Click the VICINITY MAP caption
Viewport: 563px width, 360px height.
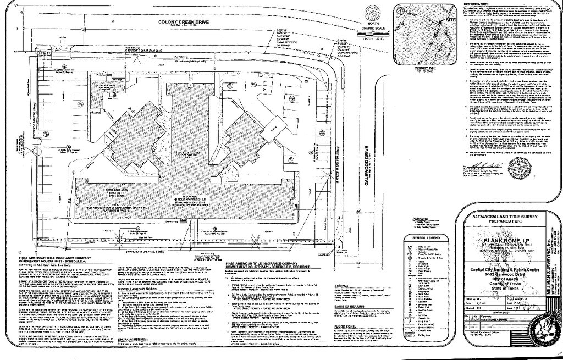(x=424, y=68)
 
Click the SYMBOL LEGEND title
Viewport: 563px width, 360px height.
(x=424, y=237)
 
